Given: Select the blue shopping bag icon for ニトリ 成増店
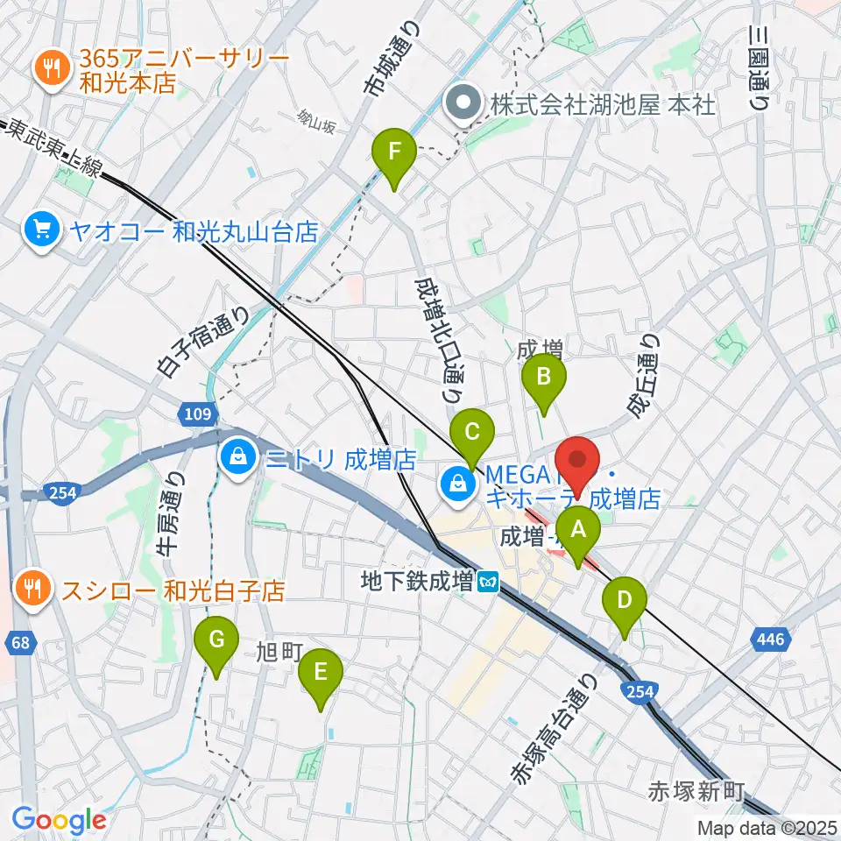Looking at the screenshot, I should (x=237, y=456).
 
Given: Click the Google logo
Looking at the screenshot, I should (x=60, y=820).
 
